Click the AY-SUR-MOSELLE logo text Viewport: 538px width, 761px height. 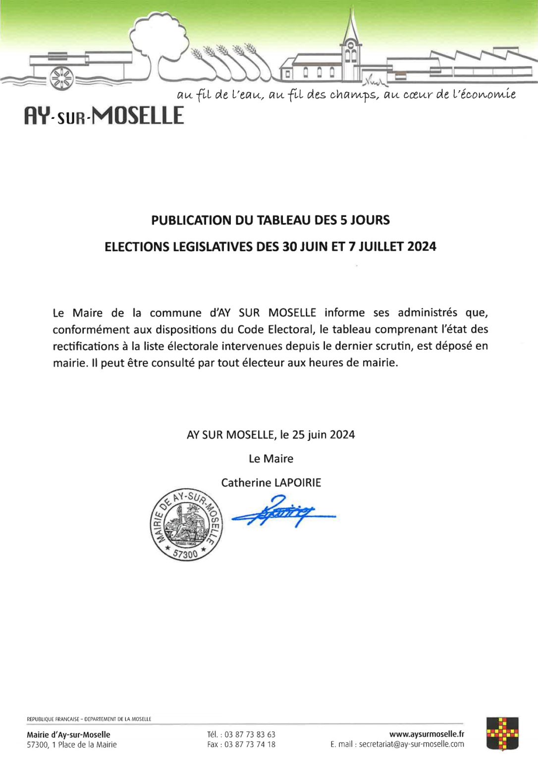pyautogui.click(x=104, y=116)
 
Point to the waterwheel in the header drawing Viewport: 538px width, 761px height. pyautogui.click(x=61, y=78)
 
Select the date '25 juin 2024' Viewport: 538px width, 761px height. pyautogui.click(x=323, y=435)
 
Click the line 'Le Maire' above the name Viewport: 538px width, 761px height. pyautogui.click(x=271, y=459)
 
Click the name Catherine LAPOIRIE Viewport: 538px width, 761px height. pyautogui.click(x=271, y=483)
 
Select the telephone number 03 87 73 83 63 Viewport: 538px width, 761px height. pyautogui.click(x=250, y=734)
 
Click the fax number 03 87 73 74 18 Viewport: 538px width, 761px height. pyautogui.click(x=250, y=744)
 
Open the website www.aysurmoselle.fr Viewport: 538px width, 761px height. pyautogui.click(x=427, y=734)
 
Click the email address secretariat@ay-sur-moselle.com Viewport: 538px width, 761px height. pyautogui.click(x=411, y=744)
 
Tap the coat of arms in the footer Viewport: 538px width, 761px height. pyautogui.click(x=502, y=734)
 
